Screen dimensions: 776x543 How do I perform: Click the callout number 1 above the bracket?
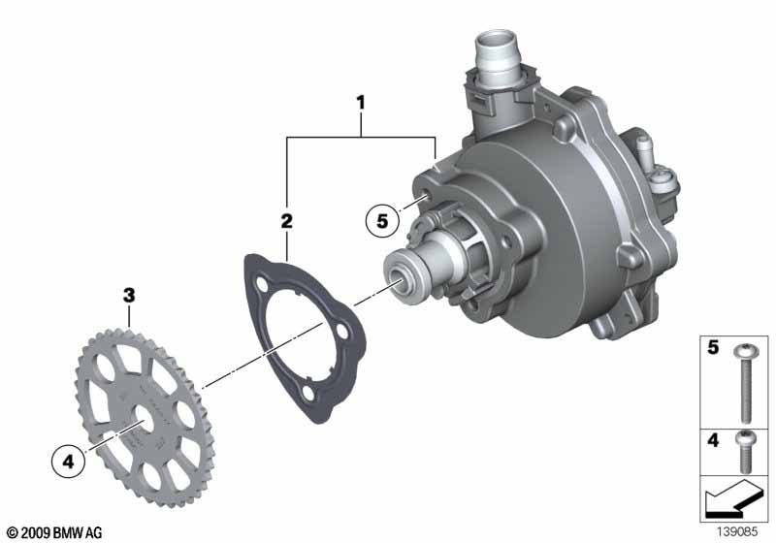(361, 103)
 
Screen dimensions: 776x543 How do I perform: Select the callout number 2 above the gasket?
(286, 220)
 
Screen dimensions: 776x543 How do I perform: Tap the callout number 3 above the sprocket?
(129, 295)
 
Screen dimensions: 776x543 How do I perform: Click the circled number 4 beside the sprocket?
(68, 462)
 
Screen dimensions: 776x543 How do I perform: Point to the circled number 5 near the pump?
(382, 220)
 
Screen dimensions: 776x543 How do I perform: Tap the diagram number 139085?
(737, 532)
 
